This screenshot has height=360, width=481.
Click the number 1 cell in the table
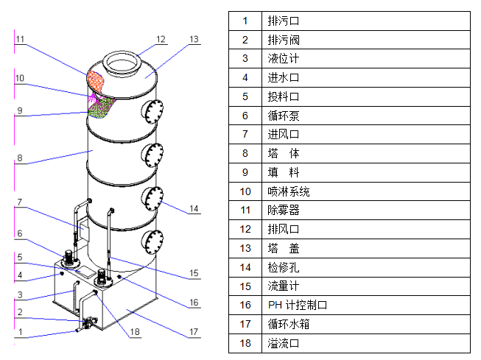(x=245, y=21)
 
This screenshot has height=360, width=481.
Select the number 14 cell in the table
(x=245, y=267)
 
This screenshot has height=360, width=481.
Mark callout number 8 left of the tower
(x=20, y=158)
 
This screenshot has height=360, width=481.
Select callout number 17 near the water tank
(x=194, y=332)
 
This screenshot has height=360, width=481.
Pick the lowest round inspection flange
(x=153, y=239)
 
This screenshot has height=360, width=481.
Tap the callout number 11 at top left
(x=20, y=39)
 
